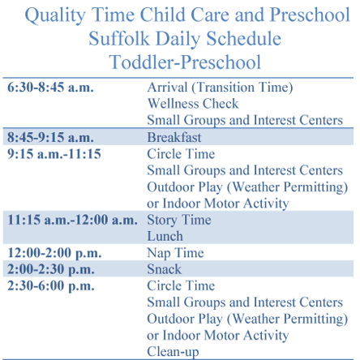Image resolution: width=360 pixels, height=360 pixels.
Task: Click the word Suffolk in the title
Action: click(119, 38)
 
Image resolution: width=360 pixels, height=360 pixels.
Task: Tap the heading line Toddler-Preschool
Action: click(185, 62)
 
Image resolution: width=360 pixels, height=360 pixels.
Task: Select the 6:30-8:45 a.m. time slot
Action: click(50, 88)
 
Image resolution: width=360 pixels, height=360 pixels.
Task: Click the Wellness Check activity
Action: click(193, 104)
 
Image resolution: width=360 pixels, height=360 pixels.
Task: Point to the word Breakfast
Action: click(174, 137)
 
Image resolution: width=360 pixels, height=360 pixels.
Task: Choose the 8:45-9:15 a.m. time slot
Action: click(50, 137)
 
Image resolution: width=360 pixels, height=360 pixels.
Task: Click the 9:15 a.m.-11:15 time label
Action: click(54, 154)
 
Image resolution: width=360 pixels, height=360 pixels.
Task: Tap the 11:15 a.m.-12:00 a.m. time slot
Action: click(72, 220)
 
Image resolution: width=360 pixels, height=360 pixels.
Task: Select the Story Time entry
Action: click(179, 220)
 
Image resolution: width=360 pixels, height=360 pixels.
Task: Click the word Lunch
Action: click(165, 236)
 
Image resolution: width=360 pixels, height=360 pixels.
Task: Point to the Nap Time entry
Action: click(176, 253)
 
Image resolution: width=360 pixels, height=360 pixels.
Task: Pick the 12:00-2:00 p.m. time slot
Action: click(54, 253)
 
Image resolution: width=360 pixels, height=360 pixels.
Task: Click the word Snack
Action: click(165, 269)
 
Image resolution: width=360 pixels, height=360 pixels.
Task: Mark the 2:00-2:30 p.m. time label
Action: click(51, 270)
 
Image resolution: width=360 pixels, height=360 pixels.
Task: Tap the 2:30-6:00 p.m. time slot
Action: click(51, 286)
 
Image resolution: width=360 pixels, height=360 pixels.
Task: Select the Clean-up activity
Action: click(173, 352)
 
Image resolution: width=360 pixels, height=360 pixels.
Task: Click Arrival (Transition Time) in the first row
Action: click(220, 88)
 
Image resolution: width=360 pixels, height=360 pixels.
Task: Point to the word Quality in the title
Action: click(55, 15)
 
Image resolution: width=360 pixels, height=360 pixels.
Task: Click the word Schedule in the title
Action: click(244, 38)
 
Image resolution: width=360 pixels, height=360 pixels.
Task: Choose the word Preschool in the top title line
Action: click(310, 15)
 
